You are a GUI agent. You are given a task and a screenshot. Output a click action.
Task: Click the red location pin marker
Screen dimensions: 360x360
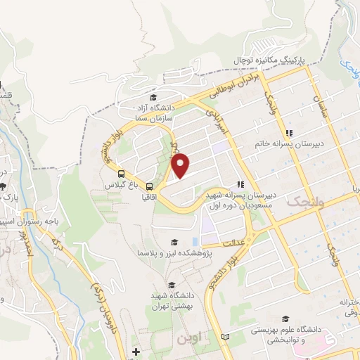(181, 165)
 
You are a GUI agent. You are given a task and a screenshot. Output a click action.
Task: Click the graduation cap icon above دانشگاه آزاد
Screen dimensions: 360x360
(154, 98)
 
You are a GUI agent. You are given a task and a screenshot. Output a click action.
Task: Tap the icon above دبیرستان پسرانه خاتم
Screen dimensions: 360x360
(288, 132)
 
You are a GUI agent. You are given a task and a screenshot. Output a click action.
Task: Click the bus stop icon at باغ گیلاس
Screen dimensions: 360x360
(122, 174)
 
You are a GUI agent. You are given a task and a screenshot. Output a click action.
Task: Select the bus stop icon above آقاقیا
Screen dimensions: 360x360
(150, 186)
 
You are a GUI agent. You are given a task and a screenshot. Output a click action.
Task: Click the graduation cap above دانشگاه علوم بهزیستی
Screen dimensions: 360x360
(285, 319)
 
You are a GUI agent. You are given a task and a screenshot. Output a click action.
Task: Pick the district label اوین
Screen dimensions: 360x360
(189, 338)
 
